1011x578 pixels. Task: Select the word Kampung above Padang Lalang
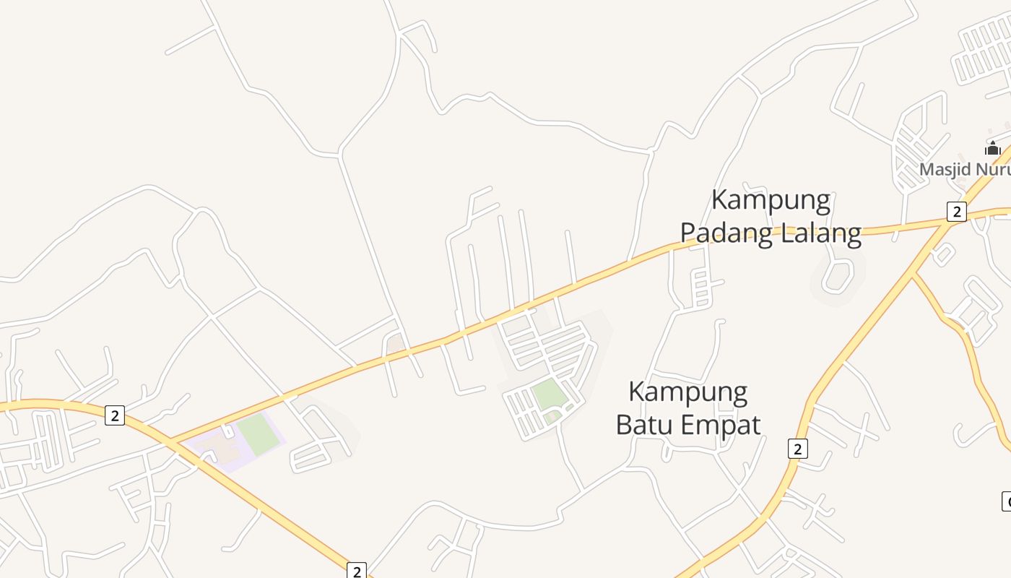click(771, 200)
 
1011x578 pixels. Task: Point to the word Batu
click(644, 425)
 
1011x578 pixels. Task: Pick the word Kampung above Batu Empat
click(687, 392)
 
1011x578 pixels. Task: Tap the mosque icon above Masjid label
click(993, 148)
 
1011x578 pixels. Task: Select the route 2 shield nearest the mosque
click(957, 212)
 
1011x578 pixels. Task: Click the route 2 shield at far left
click(115, 415)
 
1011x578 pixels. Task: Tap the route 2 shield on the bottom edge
click(357, 570)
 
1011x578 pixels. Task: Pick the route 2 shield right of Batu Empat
click(797, 449)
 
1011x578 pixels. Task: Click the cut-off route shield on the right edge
click(1007, 500)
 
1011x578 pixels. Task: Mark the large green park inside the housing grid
click(548, 394)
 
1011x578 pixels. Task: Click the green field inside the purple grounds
click(257, 433)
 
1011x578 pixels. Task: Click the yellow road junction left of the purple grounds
click(170, 441)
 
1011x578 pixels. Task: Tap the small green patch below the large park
click(552, 417)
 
